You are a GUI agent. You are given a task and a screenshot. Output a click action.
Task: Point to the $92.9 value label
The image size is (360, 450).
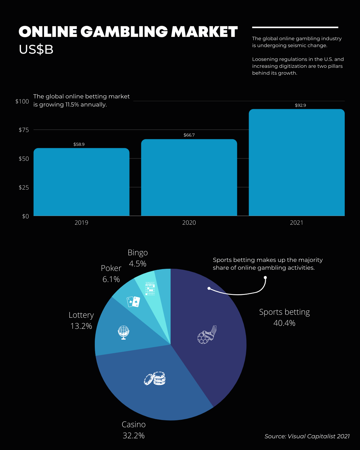click(x=300, y=105)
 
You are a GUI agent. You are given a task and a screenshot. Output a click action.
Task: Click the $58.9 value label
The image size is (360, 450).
click(x=79, y=144)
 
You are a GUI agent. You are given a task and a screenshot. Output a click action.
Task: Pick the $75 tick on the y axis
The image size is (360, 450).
click(x=24, y=130)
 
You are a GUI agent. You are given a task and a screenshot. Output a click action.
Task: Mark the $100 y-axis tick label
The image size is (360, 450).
click(x=22, y=101)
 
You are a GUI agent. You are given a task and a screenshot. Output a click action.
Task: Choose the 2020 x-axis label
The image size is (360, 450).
click(x=189, y=223)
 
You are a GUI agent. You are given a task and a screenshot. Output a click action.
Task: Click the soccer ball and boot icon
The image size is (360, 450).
click(x=207, y=334)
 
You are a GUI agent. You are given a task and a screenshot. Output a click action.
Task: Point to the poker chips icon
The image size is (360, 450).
click(x=155, y=379)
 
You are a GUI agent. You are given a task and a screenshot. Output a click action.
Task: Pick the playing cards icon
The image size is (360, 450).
click(x=133, y=302)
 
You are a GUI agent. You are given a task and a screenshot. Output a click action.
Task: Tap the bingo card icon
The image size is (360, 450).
click(x=150, y=288)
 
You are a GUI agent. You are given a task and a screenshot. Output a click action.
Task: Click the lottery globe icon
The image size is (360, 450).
click(x=123, y=332)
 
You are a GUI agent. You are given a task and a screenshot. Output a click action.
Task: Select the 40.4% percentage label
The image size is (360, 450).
click(x=284, y=323)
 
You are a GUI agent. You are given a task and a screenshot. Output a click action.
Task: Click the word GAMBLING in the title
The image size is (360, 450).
click(x=124, y=32)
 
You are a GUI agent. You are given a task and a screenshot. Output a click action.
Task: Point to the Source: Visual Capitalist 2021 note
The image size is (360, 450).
click(x=307, y=436)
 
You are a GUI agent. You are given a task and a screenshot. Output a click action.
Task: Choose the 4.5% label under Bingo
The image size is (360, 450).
click(x=138, y=264)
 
